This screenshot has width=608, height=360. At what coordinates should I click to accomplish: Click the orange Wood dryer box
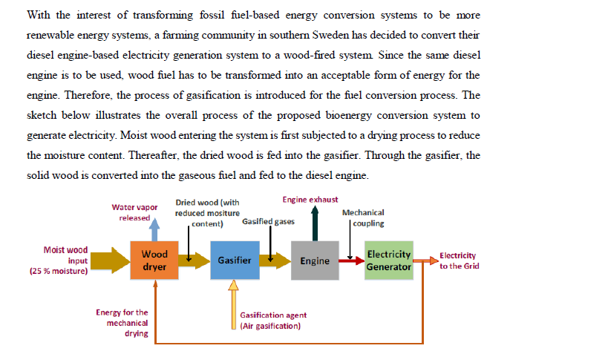pos(154,260)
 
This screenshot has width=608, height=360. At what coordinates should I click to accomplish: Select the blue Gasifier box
pos(235,260)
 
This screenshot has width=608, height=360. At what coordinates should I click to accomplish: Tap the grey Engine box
pos(315,261)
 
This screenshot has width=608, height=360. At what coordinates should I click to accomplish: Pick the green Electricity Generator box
pos(389,260)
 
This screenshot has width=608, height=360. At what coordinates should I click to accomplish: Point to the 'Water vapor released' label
pos(134,212)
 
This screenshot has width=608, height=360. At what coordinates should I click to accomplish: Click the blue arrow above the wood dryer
pos(154,228)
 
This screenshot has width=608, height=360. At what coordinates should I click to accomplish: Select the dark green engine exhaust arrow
pos(315,223)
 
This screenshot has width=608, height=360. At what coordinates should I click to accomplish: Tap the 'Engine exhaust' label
pos(310,200)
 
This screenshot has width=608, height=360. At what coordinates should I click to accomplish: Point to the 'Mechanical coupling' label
pos(364,217)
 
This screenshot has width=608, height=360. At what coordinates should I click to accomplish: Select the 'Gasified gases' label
pos(268,221)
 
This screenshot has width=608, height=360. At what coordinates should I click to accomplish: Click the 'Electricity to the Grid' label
pos(458,261)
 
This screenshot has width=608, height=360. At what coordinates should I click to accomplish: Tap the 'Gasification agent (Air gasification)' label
pos(271,321)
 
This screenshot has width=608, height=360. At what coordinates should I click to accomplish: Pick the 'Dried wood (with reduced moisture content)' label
pos(207,212)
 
